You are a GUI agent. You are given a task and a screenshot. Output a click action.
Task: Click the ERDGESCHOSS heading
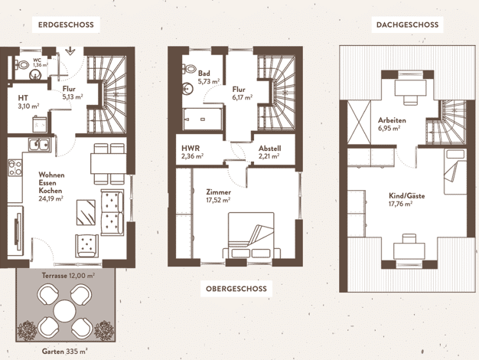click(x=66, y=25)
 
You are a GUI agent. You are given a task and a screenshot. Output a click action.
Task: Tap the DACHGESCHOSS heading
click(x=407, y=25)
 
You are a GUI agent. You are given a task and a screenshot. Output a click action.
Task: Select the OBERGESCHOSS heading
click(x=236, y=289)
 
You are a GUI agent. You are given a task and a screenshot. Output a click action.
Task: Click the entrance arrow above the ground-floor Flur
click(x=70, y=51)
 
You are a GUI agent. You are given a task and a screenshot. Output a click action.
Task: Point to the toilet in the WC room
click(x=22, y=65)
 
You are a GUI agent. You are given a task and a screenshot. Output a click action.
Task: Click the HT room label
click(x=23, y=98)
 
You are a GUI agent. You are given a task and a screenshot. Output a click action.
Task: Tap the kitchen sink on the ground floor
click(x=39, y=144)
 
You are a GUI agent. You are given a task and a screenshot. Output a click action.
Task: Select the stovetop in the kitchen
click(x=15, y=168)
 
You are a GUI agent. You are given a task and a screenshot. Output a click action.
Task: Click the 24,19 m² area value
click(x=51, y=198)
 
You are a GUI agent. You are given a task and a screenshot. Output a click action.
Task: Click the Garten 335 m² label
click(x=65, y=352)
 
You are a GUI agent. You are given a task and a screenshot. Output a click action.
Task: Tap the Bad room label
click(x=204, y=74)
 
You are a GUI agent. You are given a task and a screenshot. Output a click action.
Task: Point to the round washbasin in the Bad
click(x=187, y=89)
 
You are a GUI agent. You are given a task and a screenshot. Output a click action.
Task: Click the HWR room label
click(x=191, y=149)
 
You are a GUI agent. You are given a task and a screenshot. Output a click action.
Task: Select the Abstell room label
click(x=270, y=149)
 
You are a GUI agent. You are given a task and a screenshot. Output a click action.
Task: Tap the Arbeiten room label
click(x=392, y=120)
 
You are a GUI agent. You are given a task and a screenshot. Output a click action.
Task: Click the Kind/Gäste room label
click(x=406, y=196)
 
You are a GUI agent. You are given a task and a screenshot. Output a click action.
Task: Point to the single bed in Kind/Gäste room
click(x=455, y=172)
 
